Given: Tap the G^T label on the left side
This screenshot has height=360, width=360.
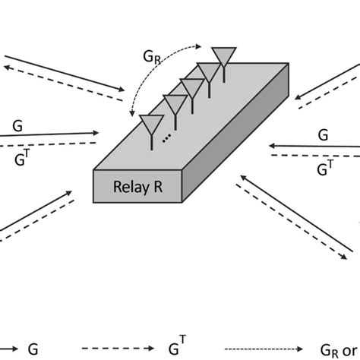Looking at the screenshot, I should [x=22, y=158].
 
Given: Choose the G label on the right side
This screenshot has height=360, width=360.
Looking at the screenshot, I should [x=323, y=134].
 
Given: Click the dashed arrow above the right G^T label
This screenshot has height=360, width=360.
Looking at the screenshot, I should [x=311, y=156].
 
